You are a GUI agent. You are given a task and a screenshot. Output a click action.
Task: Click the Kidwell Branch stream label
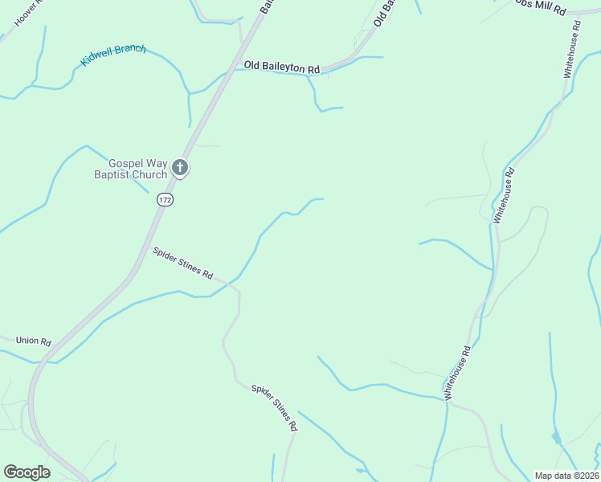pos(113,55)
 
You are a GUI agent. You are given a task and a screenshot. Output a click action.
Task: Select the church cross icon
pos(180,169)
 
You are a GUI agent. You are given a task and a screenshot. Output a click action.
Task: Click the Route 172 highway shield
pos(166,199)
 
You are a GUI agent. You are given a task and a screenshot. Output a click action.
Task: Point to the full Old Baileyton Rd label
pos(282,67)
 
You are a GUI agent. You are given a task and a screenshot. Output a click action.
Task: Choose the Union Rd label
pos(34,341)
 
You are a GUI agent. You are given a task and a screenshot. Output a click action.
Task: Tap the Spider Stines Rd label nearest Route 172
pos(182,263)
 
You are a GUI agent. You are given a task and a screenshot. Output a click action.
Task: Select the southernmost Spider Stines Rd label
pos(274,408)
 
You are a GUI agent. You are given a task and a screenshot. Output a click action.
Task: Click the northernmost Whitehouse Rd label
pos(570,50)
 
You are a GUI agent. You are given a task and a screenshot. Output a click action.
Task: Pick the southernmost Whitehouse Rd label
pos(456,373)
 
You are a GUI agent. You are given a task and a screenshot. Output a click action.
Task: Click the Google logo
pos(27,472)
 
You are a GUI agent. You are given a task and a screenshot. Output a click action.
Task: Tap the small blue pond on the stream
pos(556,438)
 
